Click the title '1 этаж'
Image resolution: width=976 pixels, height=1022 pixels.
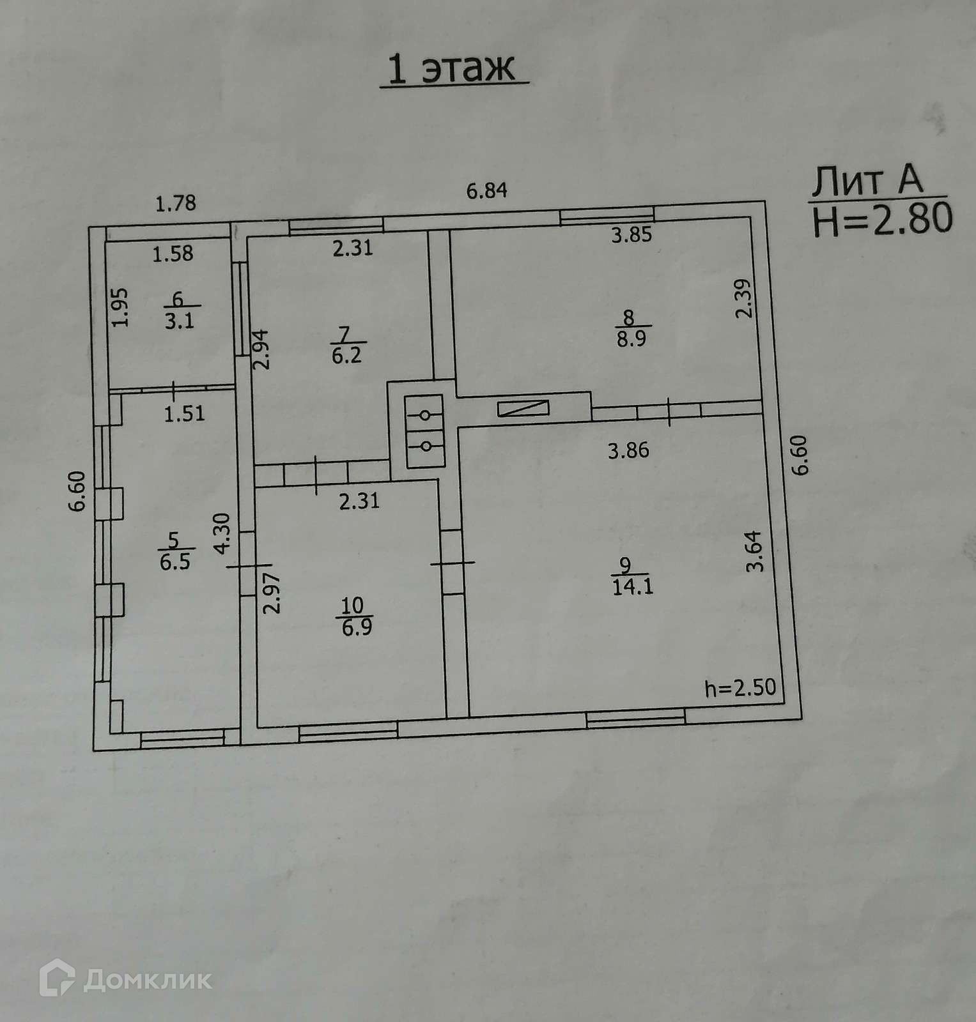[x=452, y=69]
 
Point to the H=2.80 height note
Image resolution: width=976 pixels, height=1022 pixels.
[x=883, y=219]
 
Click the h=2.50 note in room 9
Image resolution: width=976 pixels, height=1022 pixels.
[x=740, y=688]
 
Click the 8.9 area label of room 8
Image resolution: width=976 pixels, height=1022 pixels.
[x=631, y=339]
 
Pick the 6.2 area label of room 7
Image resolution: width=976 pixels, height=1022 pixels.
[x=346, y=355]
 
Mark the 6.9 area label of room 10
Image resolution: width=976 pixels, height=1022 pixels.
[x=357, y=627]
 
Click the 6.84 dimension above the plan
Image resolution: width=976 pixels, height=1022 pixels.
[x=486, y=190]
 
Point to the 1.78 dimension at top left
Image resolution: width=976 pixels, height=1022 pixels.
[x=176, y=203]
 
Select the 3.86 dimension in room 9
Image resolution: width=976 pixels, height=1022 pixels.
[x=628, y=451]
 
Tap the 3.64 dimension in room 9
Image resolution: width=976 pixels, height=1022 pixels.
[x=755, y=551]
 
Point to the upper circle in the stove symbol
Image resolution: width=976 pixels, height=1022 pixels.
[x=424, y=416]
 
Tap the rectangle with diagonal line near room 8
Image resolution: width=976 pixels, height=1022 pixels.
[x=523, y=408]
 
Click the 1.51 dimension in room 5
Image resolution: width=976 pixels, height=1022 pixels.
[x=184, y=414]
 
